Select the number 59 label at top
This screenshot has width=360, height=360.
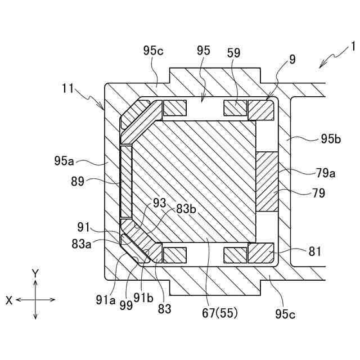point(234,53)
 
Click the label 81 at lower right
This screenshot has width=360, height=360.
point(315,251)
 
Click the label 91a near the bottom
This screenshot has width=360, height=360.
point(106,300)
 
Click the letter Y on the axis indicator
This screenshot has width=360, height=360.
point(35,273)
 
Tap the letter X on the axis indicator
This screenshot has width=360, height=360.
point(9,300)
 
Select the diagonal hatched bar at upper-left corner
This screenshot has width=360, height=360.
point(141,122)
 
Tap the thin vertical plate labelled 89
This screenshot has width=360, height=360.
point(126,181)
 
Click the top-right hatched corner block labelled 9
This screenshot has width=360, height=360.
point(260,109)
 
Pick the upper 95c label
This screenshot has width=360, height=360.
point(153,51)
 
